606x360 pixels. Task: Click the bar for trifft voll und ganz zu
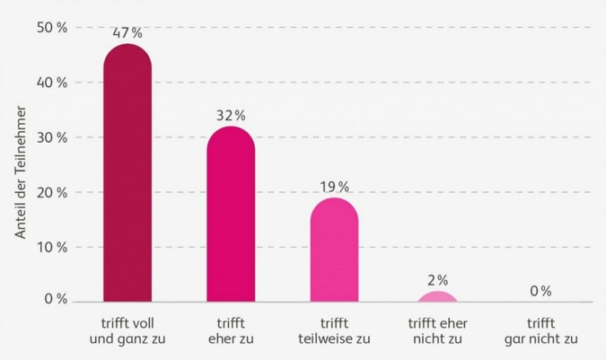[127, 175]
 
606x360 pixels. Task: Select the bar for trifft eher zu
[231, 215]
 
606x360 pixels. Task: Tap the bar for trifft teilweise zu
[334, 251]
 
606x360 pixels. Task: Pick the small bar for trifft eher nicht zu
[437, 297]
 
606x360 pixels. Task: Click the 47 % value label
[127, 33]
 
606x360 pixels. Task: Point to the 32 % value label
[231, 116]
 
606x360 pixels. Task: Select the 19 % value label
[334, 187]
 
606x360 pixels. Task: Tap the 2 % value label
[437, 280]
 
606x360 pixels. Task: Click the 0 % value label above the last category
[540, 291]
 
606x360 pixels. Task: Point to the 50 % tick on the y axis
[51, 28]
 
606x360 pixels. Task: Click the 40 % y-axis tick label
[51, 83]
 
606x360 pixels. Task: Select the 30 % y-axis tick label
[51, 137]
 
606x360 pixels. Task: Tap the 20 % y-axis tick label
[51, 192]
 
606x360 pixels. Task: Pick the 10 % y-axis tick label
[51, 247]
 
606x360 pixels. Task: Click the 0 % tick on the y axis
[56, 299]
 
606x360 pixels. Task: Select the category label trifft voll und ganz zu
[127, 330]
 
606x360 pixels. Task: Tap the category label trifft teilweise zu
[334, 330]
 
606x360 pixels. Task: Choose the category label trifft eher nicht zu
[437, 330]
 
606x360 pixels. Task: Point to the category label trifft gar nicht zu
[540, 330]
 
